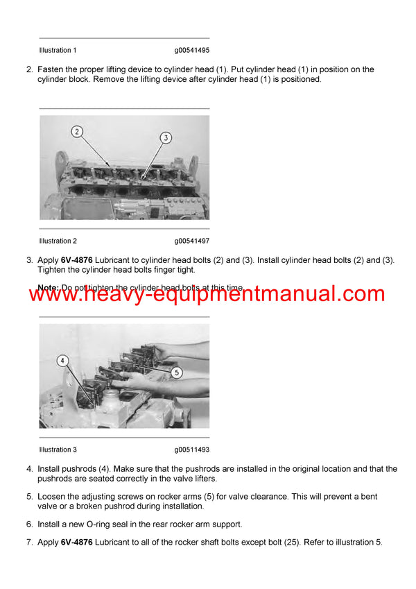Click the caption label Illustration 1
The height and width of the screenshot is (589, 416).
(x=58, y=50)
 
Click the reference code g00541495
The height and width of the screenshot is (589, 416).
(x=192, y=50)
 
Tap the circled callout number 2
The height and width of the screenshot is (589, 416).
(x=77, y=132)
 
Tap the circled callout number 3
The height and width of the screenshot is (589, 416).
(x=165, y=138)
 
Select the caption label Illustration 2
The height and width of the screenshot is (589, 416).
(x=58, y=241)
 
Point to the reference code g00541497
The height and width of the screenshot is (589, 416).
(x=192, y=241)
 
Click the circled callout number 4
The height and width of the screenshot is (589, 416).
(x=62, y=360)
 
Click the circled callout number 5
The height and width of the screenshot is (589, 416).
(x=176, y=372)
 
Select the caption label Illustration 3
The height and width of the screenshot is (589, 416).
(x=58, y=450)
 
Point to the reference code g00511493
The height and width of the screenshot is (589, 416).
(x=192, y=450)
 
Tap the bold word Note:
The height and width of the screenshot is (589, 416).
(x=48, y=287)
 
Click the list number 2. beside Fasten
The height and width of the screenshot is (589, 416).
(x=29, y=69)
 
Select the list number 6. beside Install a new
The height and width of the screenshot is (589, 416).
(x=29, y=523)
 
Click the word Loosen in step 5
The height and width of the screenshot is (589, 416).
(x=53, y=497)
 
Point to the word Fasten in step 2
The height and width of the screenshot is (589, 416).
(x=52, y=69)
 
